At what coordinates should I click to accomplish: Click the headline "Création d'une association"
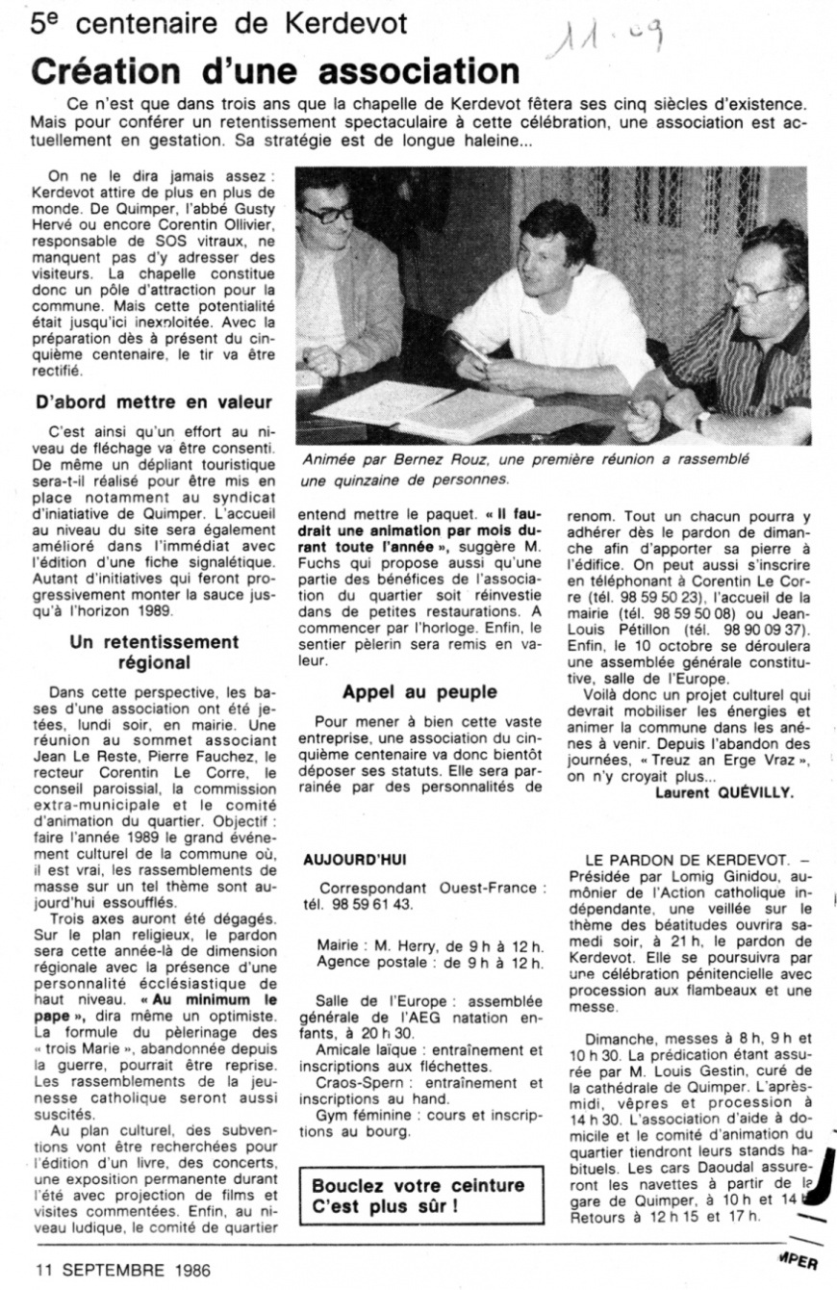[274, 71]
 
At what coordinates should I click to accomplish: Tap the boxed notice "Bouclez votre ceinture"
[418, 1195]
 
